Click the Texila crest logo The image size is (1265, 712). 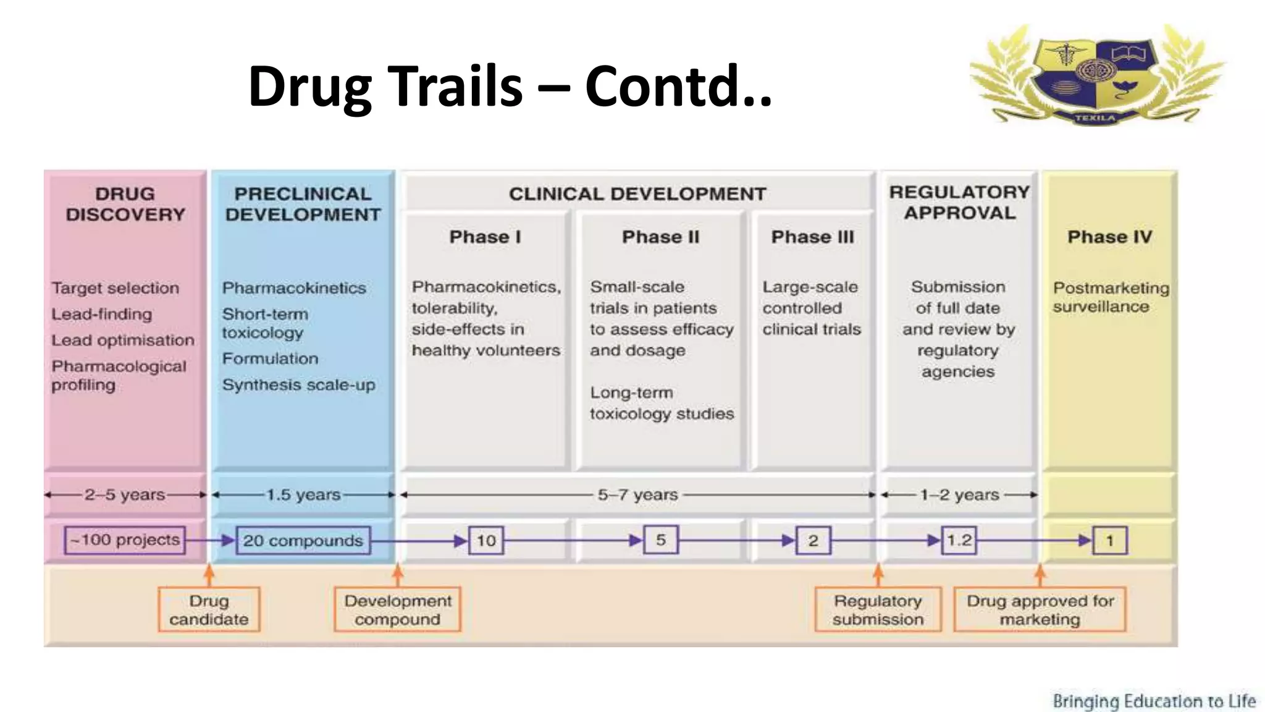[x=1096, y=74]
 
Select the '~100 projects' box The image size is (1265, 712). [x=125, y=540]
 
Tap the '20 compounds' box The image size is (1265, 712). [x=303, y=541]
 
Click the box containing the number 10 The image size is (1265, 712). [x=486, y=541]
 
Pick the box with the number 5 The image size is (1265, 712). [x=660, y=540]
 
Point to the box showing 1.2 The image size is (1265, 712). [x=959, y=541]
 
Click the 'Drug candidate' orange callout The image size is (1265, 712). [x=209, y=610]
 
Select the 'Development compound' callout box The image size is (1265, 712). [x=398, y=610]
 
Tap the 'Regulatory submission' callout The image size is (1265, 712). [x=878, y=610]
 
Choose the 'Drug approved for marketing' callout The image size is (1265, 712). [x=1040, y=610]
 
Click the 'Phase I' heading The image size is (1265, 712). [x=485, y=237]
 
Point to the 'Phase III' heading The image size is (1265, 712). [x=812, y=237]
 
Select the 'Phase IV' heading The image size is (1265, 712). [x=1109, y=237]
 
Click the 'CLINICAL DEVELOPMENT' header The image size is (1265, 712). [x=637, y=194]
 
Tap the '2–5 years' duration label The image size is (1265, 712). [x=125, y=494]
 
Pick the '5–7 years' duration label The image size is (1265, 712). [x=637, y=494]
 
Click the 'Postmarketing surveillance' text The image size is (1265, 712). [x=1111, y=297]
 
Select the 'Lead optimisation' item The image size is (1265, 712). [x=122, y=340]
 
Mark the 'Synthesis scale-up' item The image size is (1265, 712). [x=298, y=385]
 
